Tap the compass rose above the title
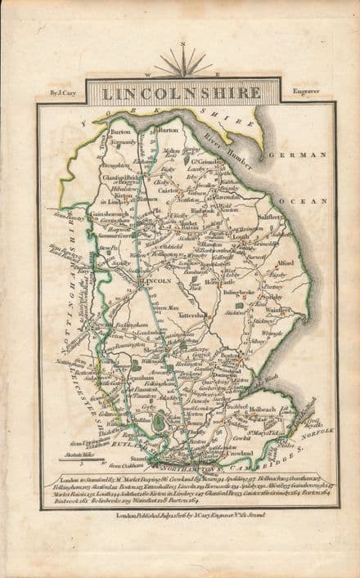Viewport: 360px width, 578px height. pyautogui.click(x=181, y=62)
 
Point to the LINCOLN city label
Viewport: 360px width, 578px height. pyautogui.click(x=157, y=280)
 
